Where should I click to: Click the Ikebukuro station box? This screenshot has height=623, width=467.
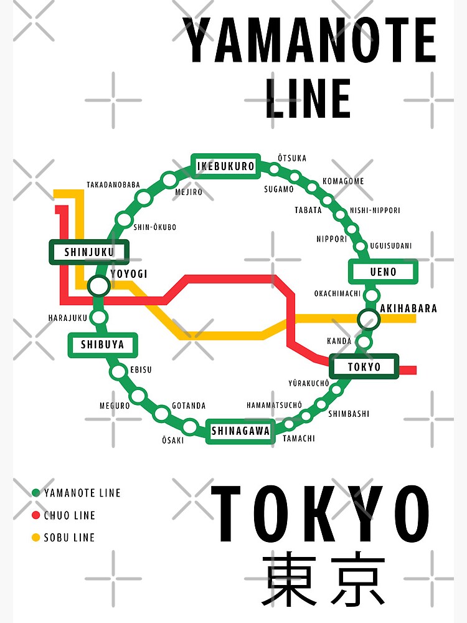pyautogui.click(x=225, y=166)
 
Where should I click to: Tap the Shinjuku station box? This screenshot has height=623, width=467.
pyautogui.click(x=89, y=252)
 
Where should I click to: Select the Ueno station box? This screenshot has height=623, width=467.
pyautogui.click(x=383, y=272)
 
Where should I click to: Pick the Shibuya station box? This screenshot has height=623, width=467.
pyautogui.click(x=102, y=345)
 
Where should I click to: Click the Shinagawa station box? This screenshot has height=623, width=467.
pyautogui.click(x=240, y=430)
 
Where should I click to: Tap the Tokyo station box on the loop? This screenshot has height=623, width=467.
pyautogui.click(x=364, y=366)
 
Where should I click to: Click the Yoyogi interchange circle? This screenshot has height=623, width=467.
pyautogui.click(x=98, y=286)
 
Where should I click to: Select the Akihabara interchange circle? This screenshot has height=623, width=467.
pyautogui.click(x=368, y=320)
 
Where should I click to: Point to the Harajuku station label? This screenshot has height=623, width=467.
pyautogui.click(x=68, y=318)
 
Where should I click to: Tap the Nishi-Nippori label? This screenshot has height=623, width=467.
pyautogui.click(x=375, y=211)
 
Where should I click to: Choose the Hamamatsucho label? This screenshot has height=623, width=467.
pyautogui.click(x=274, y=405)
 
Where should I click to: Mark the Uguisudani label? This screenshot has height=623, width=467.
pyautogui.click(x=390, y=246)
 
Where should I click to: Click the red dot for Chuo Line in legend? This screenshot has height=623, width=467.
pyautogui.click(x=35, y=515)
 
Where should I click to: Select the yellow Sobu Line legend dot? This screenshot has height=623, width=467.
pyautogui.click(x=35, y=537)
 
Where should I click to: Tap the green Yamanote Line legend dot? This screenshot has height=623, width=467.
pyautogui.click(x=35, y=493)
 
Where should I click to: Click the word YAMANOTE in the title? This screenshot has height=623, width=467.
pyautogui.click(x=309, y=40)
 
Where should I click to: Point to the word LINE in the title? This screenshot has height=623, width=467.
pyautogui.click(x=308, y=98)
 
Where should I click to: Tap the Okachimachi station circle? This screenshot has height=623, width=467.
pyautogui.click(x=372, y=295)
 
